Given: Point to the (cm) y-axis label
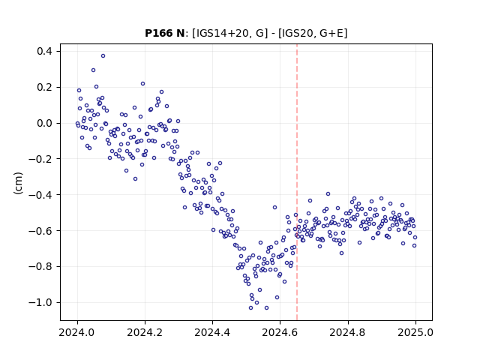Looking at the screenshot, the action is tap(18, 183).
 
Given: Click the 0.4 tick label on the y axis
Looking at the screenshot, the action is tap(45, 51).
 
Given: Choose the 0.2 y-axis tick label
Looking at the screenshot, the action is tap(45, 87).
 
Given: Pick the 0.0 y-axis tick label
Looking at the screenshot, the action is tap(45, 123).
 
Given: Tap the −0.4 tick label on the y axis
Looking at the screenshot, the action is tap(40, 195).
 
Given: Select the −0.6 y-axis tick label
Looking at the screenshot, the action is tap(40, 230).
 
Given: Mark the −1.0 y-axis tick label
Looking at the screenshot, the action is tap(40, 302).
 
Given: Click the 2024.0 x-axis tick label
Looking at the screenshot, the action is tap(77, 332).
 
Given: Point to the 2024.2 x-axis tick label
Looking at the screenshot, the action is tap(145, 332).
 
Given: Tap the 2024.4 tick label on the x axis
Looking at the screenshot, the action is tap(212, 332).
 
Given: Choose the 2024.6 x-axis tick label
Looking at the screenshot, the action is tap(280, 332).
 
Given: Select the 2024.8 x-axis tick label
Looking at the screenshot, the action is tap(348, 332).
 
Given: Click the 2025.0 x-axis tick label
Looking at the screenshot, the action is tap(415, 332).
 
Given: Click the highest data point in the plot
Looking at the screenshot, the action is tap(103, 55).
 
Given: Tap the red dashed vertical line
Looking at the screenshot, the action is tap(297, 182).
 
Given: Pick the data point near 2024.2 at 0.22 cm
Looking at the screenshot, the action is tap(142, 83).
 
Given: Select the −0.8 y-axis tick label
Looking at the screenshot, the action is tap(40, 267).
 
